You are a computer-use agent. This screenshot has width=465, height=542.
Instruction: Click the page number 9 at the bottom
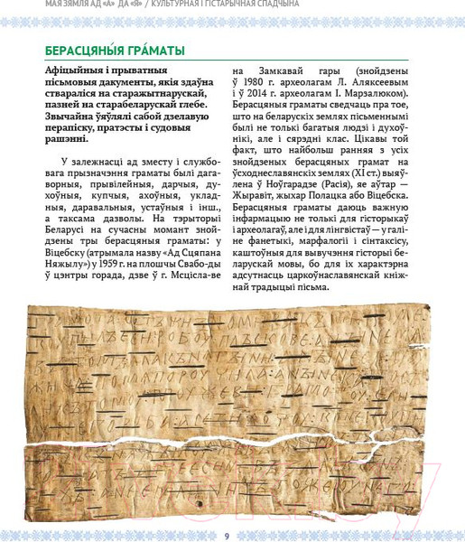click(x=227, y=536)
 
